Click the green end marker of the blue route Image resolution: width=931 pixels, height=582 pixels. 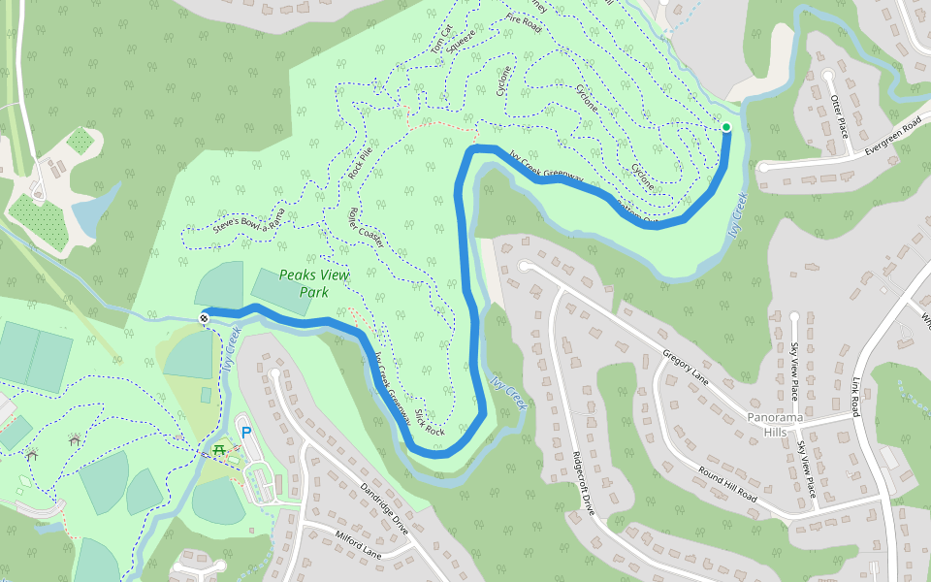coord(725,127)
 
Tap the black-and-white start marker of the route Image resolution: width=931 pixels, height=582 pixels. coord(205,318)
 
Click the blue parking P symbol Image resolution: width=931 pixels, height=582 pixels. coord(245,432)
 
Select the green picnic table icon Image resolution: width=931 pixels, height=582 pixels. coord(221,449)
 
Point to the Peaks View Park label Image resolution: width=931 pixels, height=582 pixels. coord(313,282)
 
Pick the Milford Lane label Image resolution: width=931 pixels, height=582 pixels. coord(361,546)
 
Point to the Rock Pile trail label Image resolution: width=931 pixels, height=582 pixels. coord(361,166)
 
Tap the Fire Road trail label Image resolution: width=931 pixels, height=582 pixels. coord(523,23)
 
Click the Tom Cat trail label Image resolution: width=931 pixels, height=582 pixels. coord(441,42)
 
